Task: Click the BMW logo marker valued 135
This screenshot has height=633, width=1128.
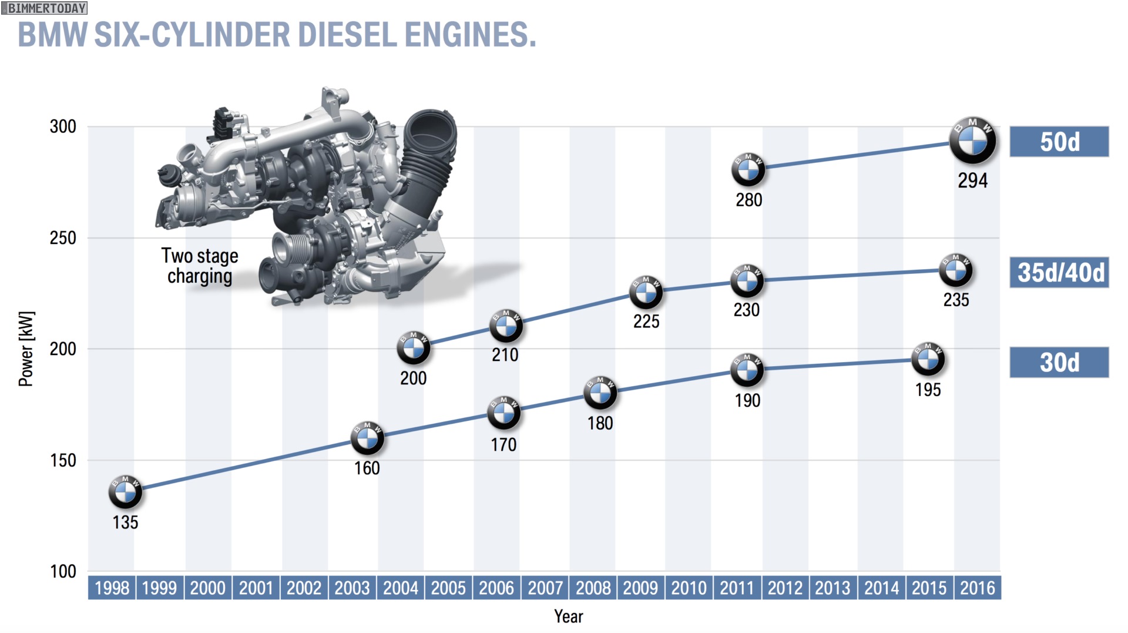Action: tap(125, 492)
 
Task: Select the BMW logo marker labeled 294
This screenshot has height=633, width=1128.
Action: tap(973, 141)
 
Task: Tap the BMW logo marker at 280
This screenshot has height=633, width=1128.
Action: tap(748, 170)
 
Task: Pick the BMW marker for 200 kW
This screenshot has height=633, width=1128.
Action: tap(414, 349)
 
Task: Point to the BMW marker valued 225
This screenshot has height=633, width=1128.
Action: tap(646, 292)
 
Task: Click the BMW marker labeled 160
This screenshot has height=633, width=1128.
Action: tap(367, 438)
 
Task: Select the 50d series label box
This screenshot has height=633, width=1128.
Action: tap(1059, 142)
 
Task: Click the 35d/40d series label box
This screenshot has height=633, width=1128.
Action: tap(1059, 272)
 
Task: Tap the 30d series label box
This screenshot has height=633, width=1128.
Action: tap(1059, 362)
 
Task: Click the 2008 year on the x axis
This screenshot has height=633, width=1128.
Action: tap(593, 588)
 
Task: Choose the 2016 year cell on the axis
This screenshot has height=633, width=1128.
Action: tap(977, 588)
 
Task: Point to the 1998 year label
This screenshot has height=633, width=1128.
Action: tap(112, 588)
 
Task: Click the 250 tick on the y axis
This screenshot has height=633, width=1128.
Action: tap(63, 238)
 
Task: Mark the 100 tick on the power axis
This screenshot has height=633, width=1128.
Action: tap(63, 571)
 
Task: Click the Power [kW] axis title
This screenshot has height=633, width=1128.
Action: tap(26, 349)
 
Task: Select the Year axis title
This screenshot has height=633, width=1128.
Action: tap(568, 616)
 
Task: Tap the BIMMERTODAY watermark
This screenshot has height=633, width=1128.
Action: tap(45, 8)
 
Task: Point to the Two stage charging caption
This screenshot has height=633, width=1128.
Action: tap(200, 266)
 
